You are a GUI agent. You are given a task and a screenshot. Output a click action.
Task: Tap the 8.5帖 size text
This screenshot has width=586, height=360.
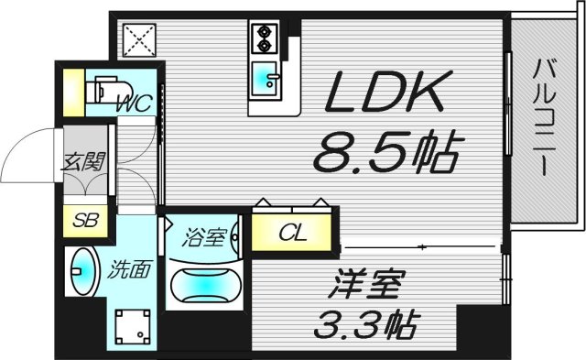385,152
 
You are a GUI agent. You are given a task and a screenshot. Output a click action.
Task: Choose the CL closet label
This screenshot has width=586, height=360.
293,231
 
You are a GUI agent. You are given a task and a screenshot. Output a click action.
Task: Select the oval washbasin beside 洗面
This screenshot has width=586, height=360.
82,271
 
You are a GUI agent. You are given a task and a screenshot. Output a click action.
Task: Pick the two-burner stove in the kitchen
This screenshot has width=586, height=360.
264,40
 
